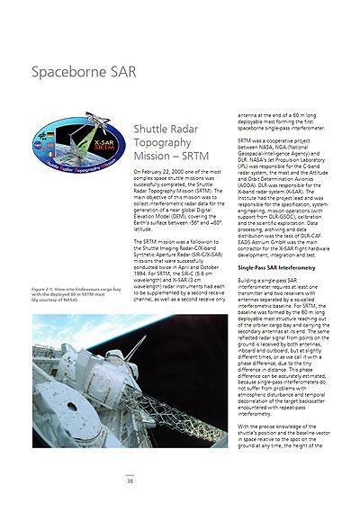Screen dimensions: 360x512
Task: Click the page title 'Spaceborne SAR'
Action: pos(84,71)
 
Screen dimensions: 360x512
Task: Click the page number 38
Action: pos(130,481)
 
